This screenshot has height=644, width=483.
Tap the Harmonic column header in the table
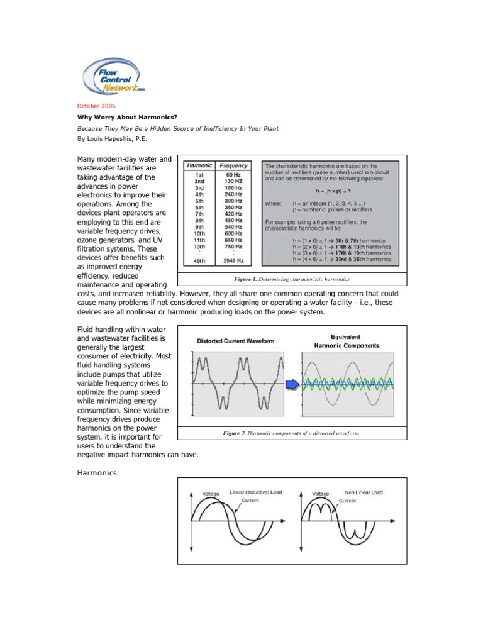(x=199, y=165)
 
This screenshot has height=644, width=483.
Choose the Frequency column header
(x=233, y=165)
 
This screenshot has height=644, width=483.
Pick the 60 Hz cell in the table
(x=233, y=174)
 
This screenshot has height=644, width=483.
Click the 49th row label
(x=198, y=261)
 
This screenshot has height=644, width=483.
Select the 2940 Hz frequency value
(x=233, y=261)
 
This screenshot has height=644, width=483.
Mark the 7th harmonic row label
(x=198, y=214)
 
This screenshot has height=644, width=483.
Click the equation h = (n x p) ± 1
(x=328, y=191)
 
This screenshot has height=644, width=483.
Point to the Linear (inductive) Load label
(x=255, y=492)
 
